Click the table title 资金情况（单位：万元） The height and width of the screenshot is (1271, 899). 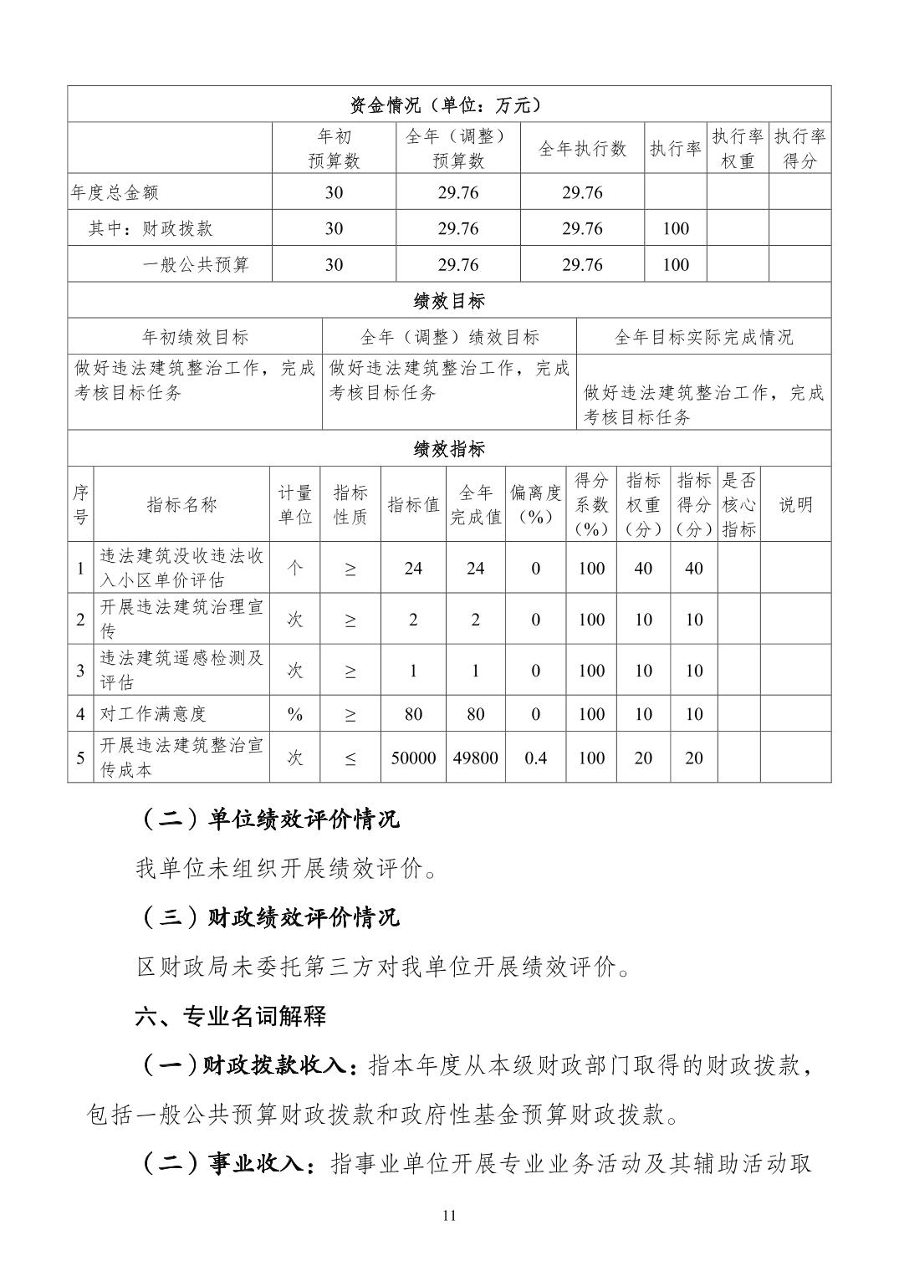click(449, 105)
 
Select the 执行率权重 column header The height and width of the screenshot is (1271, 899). click(738, 149)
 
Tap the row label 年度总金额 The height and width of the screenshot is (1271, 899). click(115, 192)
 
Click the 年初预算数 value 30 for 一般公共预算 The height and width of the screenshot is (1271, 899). click(334, 265)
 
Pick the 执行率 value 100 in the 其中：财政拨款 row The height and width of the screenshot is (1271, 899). click(675, 228)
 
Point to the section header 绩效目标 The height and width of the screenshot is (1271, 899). click(449, 301)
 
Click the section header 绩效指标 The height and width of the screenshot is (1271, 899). click(449, 449)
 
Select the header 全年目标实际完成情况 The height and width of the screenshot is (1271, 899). click(703, 337)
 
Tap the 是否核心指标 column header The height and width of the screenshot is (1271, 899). click(738, 504)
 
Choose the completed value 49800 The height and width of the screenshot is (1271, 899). click(475, 758)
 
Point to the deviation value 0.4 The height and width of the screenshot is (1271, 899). click(535, 758)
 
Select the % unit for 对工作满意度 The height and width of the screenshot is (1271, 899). click(295, 714)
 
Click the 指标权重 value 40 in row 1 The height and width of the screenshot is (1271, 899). click(643, 569)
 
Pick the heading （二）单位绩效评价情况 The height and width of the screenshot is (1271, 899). click(268, 819)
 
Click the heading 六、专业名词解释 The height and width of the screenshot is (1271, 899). click(231, 1017)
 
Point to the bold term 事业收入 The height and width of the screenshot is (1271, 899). click(257, 1163)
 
